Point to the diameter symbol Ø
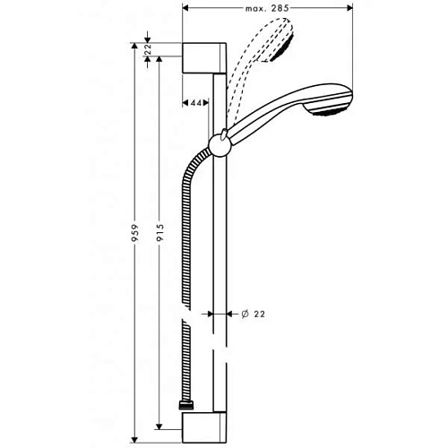(244, 314)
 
